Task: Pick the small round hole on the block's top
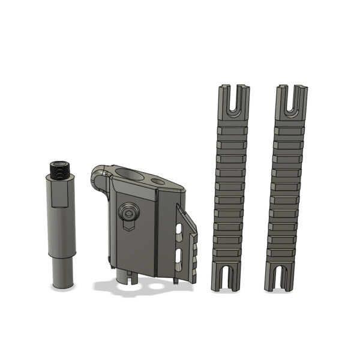[x=158, y=180]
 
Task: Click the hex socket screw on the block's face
[x=128, y=214]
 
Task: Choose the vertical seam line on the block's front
[x=157, y=234]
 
